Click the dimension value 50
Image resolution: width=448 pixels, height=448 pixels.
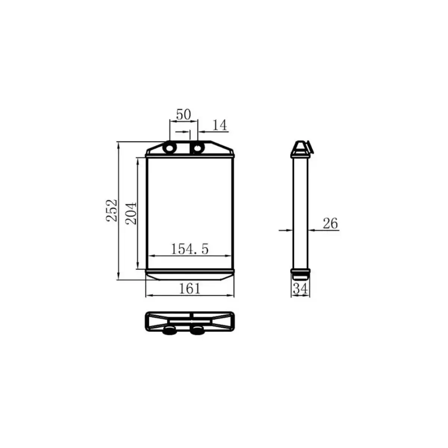[x=183, y=114]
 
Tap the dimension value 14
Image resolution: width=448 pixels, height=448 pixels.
[x=220, y=125]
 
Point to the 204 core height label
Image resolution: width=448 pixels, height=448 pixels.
[x=131, y=214]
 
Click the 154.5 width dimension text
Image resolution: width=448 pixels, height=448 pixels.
[x=190, y=249]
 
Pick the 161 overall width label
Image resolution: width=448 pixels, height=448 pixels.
[x=190, y=289]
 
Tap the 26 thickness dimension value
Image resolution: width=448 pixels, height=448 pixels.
[x=330, y=223]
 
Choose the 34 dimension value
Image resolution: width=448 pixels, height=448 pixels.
[x=301, y=289]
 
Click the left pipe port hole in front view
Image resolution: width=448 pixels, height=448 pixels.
[x=170, y=148]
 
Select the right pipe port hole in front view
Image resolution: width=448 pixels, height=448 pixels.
[x=197, y=148]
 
